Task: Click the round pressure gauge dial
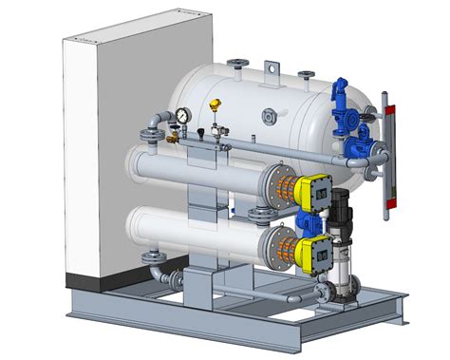tap(180, 115)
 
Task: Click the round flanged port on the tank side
tap(270, 118)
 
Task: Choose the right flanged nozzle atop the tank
tap(306, 75)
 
